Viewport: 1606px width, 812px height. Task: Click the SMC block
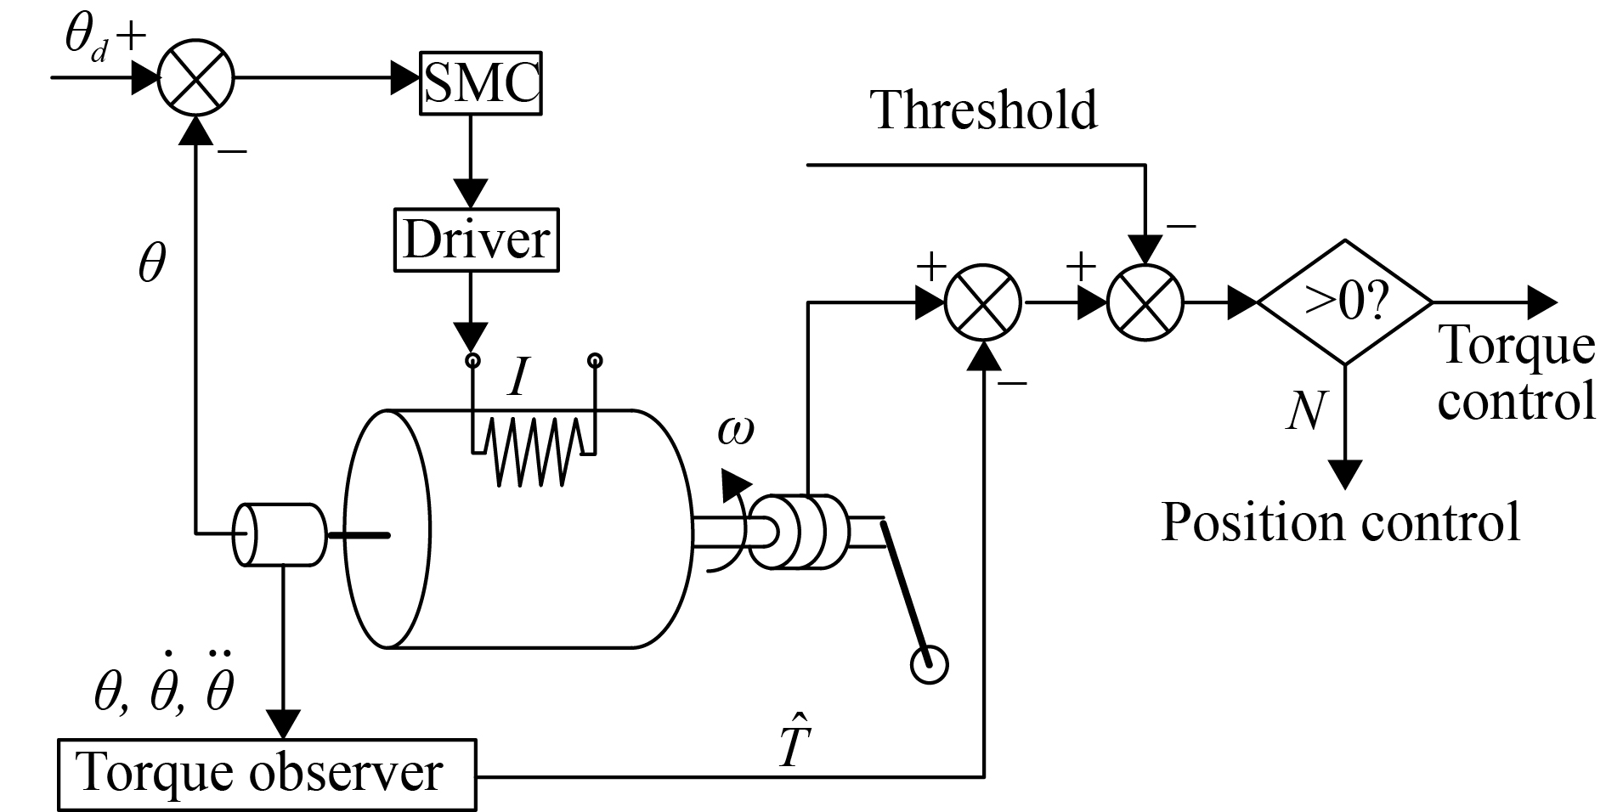click(x=481, y=83)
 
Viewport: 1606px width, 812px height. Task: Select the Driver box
click(x=477, y=240)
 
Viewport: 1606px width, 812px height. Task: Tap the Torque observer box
click(x=266, y=774)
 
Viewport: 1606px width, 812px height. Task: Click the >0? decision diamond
click(x=1344, y=302)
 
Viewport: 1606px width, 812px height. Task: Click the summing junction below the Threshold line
click(x=1145, y=302)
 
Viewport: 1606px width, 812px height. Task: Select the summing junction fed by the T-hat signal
click(x=983, y=302)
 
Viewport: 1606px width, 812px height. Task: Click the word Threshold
click(x=984, y=110)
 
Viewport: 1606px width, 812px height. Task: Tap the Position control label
click(x=1339, y=522)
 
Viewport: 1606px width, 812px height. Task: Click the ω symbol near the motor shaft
click(x=734, y=431)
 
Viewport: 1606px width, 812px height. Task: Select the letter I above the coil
click(x=517, y=379)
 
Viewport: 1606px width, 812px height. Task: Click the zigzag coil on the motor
click(x=533, y=450)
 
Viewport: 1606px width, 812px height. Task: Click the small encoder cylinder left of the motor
click(x=279, y=534)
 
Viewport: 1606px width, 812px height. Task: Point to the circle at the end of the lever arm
click(x=928, y=664)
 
